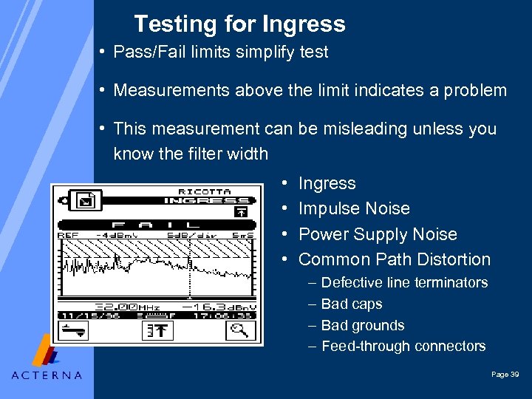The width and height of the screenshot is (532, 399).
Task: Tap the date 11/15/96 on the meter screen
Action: click(81, 316)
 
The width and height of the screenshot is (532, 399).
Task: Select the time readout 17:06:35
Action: click(230, 316)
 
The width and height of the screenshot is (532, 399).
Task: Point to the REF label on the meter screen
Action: click(68, 235)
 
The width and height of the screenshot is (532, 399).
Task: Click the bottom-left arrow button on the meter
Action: click(73, 331)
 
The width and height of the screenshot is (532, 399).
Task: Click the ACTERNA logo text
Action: click(47, 375)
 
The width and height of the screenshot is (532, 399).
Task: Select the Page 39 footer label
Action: click(505, 375)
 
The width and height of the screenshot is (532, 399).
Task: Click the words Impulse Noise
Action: click(354, 209)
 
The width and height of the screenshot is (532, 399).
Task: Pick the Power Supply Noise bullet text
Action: click(378, 234)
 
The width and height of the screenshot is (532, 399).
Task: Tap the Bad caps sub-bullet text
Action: click(352, 304)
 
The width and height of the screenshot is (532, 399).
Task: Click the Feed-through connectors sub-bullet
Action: click(403, 346)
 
